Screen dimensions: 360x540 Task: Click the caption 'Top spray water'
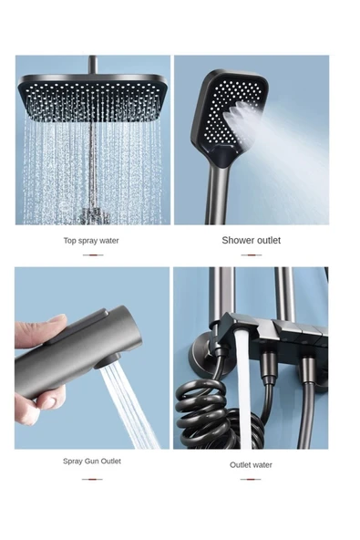[91, 241]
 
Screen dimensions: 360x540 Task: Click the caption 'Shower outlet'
[252, 241]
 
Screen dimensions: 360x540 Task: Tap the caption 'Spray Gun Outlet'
[92, 462]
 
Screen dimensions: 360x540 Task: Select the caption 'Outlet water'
[251, 465]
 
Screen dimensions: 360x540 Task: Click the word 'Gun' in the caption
[91, 462]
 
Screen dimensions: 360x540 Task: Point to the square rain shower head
[93, 99]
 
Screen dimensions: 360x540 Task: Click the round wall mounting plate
[207, 357]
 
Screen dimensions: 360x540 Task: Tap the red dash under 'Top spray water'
[93, 255]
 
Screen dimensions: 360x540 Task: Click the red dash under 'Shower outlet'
[252, 255]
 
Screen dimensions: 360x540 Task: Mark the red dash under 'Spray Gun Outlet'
[92, 479]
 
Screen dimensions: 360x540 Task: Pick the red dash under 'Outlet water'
[251, 479]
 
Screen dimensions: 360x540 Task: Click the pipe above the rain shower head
[93, 65]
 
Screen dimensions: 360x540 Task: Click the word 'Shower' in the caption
[236, 241]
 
